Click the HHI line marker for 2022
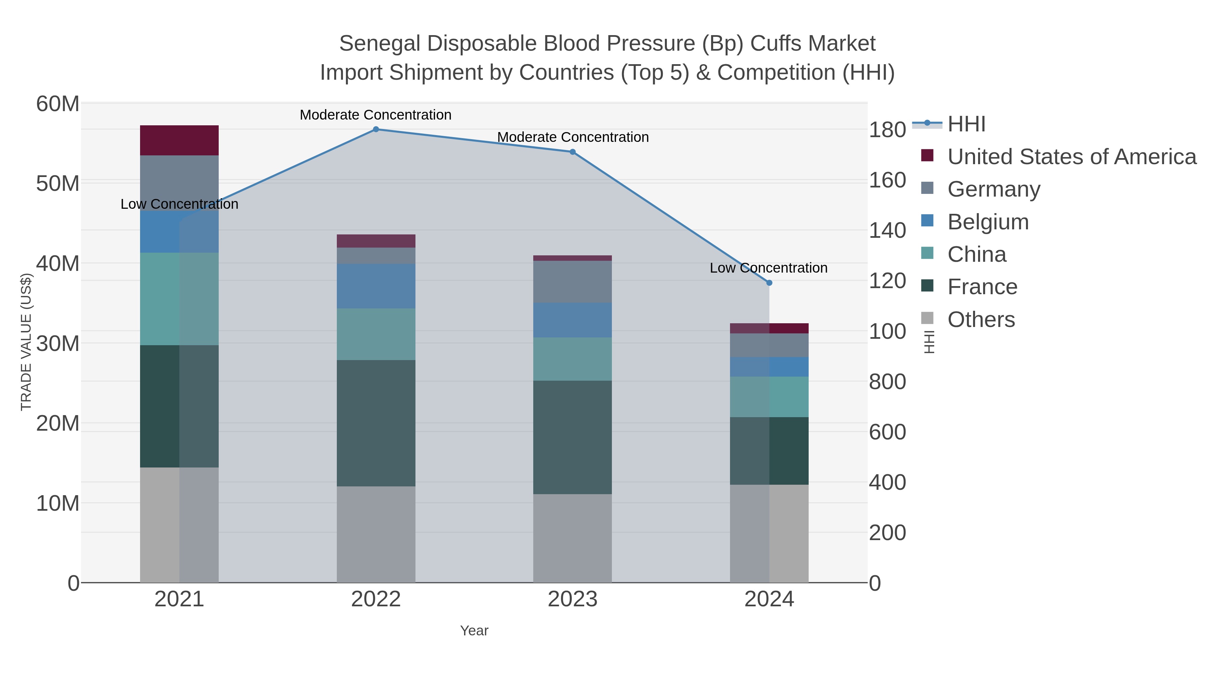click(376, 129)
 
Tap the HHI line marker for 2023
click(573, 152)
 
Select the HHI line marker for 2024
click(769, 283)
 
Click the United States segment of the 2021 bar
click(179, 140)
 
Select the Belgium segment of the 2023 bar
click(573, 320)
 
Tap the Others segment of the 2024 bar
click(769, 533)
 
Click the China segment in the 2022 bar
click(376, 334)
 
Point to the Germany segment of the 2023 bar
click(573, 282)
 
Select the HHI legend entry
click(966, 124)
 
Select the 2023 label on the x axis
click(573, 600)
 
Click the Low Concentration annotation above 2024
click(768, 268)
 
